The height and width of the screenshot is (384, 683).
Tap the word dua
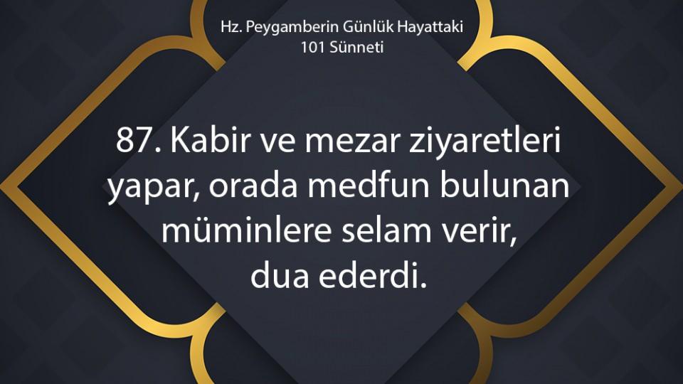coord(280,276)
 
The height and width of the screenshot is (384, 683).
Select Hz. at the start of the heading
coord(231,27)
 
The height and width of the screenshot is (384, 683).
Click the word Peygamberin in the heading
coord(292,28)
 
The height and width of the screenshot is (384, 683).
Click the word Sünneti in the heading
coord(356,47)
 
